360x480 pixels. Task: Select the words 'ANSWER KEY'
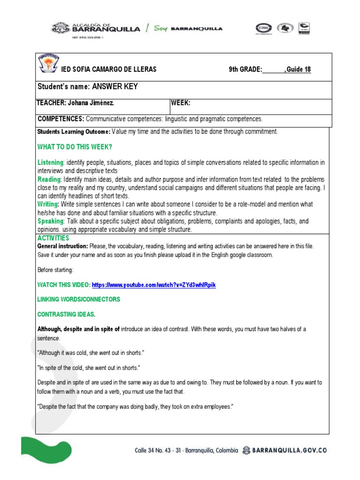pos(115,87)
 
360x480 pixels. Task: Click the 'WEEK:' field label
pos(180,103)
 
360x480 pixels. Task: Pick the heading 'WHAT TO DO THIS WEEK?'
pos(75,147)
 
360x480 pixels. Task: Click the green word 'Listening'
pos(50,163)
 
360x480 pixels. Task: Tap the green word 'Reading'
pos(49,180)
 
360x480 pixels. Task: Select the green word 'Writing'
pos(48,205)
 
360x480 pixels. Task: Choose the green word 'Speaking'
pos(51,221)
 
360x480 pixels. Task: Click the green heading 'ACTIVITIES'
pos(53,238)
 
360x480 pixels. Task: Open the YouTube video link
pos(154,285)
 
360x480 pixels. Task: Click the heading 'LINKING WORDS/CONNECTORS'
pos(79,299)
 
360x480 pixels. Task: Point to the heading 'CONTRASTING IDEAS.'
pos(66,314)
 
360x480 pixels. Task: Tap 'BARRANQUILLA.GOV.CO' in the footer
pos(290,450)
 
